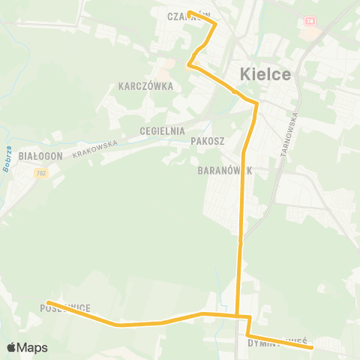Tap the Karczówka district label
click(x=145, y=86)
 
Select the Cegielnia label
click(x=162, y=130)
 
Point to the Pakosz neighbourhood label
click(x=208, y=140)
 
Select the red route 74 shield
click(x=309, y=21)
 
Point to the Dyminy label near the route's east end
click(x=265, y=342)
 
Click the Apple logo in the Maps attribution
click(x=11, y=348)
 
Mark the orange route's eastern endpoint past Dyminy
click(x=310, y=346)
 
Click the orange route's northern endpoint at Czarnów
click(x=189, y=12)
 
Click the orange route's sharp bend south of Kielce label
click(x=256, y=102)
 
